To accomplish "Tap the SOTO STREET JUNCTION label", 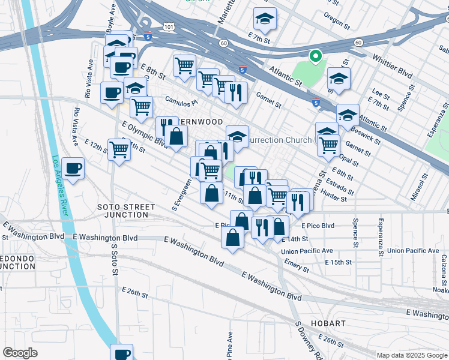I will [126, 211].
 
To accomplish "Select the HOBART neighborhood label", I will [328, 323].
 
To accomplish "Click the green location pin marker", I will [315, 57].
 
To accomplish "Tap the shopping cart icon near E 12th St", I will [119, 150].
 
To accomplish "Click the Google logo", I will [20, 352].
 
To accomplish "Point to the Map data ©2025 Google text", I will [411, 355].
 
